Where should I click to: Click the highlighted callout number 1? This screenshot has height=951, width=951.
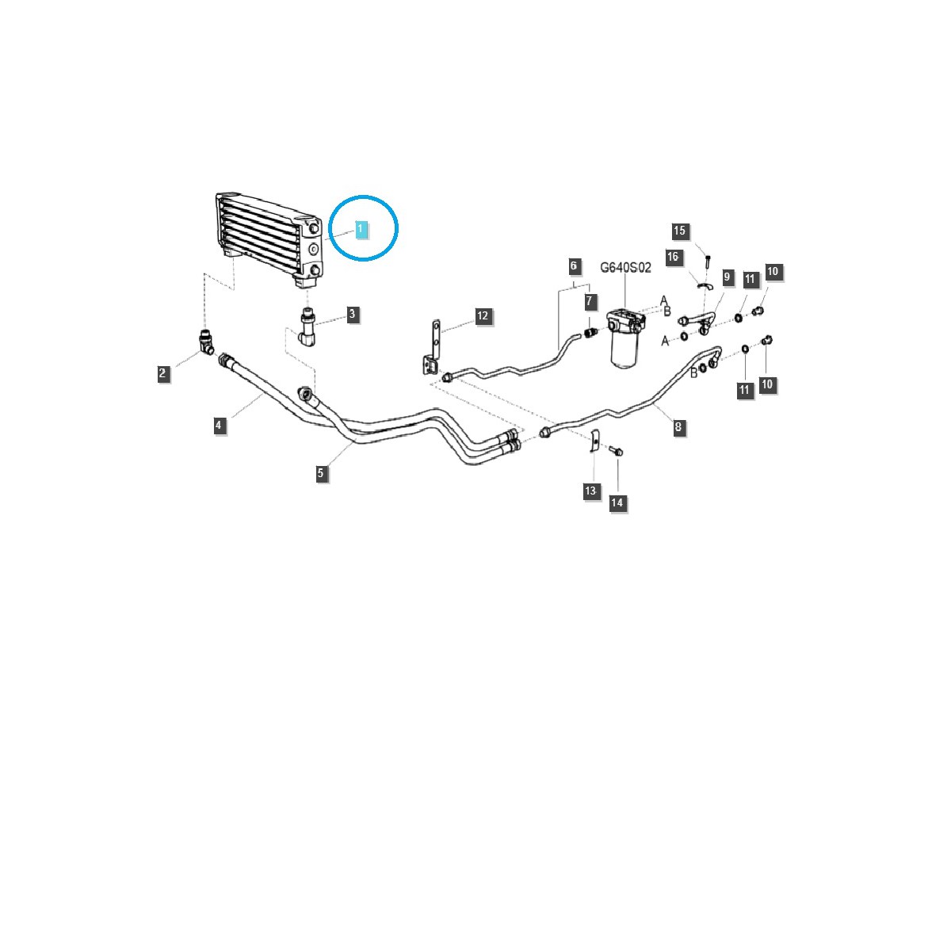361,230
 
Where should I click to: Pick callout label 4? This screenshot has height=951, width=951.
219,425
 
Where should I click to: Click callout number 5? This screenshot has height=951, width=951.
320,473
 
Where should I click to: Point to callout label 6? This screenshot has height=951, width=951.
574,266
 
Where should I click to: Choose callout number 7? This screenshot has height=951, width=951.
590,301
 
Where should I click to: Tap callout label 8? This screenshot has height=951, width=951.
678,426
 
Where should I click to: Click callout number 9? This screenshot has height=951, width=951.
727,277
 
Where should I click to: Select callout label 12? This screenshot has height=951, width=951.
482,316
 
